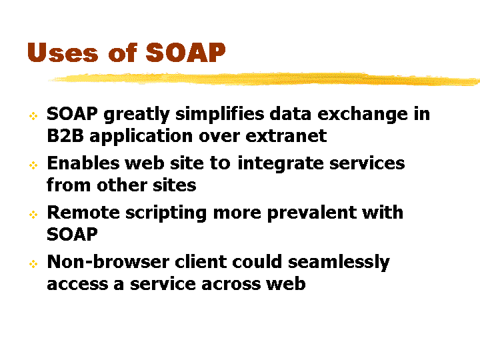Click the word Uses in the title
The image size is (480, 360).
(63, 53)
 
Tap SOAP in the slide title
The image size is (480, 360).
(185, 53)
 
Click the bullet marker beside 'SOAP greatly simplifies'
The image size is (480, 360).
(33, 116)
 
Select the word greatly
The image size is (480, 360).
(137, 115)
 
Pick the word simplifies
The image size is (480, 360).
(219, 115)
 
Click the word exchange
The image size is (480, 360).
(363, 115)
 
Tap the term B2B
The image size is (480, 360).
(65, 135)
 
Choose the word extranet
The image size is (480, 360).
(286, 136)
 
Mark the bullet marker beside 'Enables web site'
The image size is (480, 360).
(33, 165)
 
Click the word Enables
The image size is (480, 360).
(83, 163)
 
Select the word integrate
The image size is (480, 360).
(281, 163)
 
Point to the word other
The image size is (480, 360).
(123, 185)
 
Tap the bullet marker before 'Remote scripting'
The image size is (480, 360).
(33, 214)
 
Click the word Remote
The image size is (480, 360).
(83, 212)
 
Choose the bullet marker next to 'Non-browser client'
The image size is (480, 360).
(33, 263)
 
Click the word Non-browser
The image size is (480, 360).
(108, 262)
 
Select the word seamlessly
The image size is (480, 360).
(339, 263)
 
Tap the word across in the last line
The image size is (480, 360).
(231, 284)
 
